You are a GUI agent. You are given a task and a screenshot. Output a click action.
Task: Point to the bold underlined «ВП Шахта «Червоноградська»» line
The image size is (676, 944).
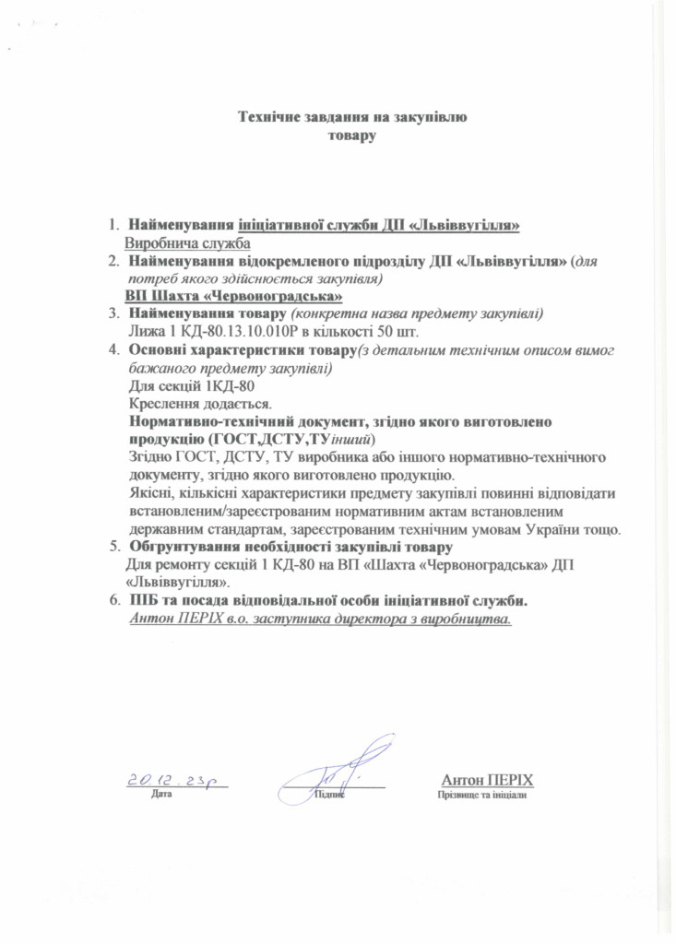click(x=234, y=296)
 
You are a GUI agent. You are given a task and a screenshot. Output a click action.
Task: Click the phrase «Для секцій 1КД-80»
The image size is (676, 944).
click(x=189, y=386)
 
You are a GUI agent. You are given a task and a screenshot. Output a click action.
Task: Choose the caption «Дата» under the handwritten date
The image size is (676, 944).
click(x=161, y=795)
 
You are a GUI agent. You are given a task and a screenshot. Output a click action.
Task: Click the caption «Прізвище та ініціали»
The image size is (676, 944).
click(x=482, y=795)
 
